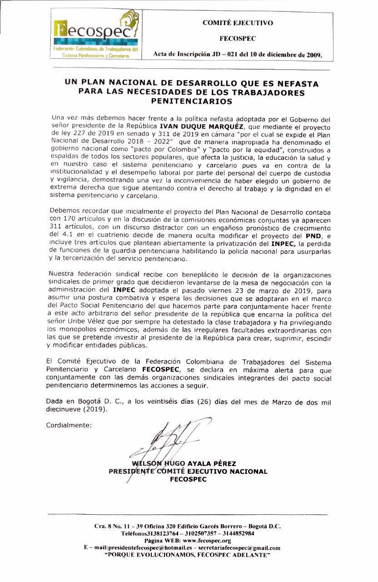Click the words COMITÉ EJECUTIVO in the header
(237, 22)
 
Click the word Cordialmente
(69, 426)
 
